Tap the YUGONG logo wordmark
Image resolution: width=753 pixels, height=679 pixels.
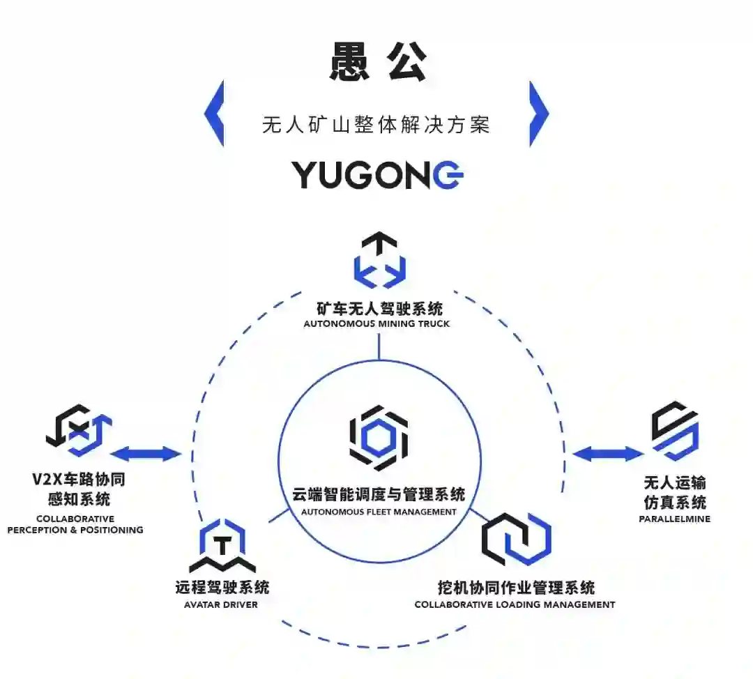click(377, 174)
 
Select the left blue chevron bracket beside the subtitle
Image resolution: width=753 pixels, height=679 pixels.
click(215, 114)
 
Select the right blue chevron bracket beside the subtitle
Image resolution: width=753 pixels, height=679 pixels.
click(538, 114)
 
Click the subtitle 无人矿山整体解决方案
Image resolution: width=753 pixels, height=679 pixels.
click(376, 125)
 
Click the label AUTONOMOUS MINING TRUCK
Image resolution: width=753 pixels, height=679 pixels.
click(376, 323)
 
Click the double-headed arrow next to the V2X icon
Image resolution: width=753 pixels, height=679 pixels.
click(146, 455)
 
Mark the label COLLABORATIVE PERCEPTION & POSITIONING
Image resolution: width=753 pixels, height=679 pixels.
click(75, 524)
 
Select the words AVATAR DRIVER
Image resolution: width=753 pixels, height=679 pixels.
click(222, 604)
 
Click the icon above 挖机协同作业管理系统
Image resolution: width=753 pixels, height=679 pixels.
click(516, 539)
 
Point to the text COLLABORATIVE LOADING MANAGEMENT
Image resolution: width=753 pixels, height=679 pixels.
click(515, 604)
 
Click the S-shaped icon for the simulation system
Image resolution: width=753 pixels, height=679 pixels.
click(675, 431)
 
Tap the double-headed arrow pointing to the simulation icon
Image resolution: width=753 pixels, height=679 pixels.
click(607, 455)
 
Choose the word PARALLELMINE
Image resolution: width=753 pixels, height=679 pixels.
click(674, 519)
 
